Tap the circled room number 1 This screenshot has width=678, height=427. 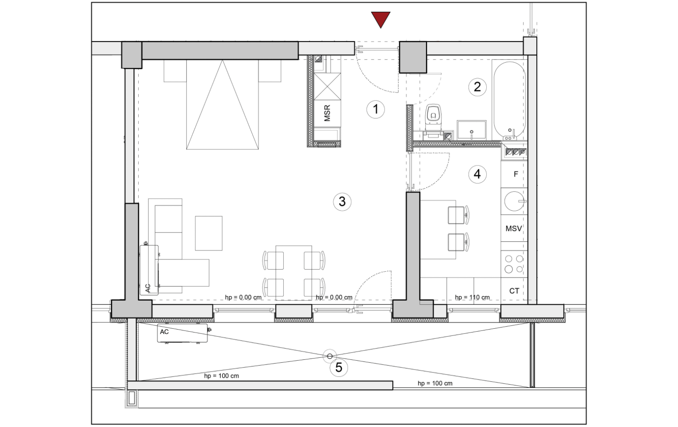click(x=376, y=109)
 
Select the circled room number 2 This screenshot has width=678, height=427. click(x=478, y=87)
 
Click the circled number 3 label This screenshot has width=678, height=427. click(x=342, y=202)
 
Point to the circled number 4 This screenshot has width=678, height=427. click(x=478, y=174)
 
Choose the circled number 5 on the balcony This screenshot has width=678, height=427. click(x=339, y=368)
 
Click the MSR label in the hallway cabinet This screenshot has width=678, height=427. click(x=327, y=113)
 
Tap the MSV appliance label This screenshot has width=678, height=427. click(x=514, y=229)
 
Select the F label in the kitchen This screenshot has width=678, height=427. click(x=516, y=174)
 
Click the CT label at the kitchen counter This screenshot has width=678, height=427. click(x=514, y=291)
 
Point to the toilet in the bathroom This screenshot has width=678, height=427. click(x=433, y=118)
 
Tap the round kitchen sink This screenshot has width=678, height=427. click(x=514, y=201)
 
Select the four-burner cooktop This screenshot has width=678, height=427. click(x=514, y=264)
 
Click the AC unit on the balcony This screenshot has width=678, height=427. click(x=183, y=333)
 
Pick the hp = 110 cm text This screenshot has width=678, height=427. click(x=472, y=297)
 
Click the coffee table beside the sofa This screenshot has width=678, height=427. click(x=208, y=233)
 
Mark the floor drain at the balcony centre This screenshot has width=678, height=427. click(x=330, y=356)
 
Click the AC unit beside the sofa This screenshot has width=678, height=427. click(x=149, y=270)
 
